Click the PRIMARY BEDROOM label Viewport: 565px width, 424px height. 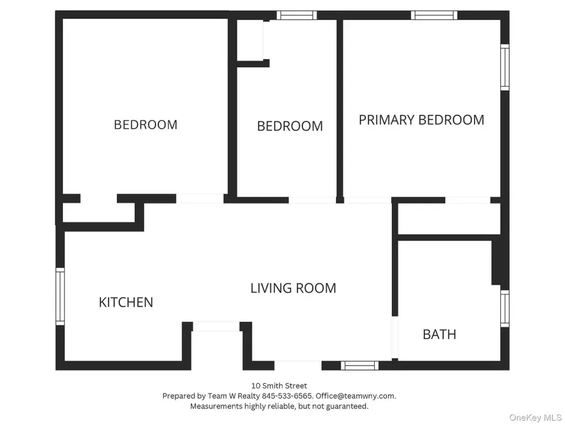click(x=421, y=119)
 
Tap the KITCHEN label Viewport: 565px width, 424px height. click(x=126, y=302)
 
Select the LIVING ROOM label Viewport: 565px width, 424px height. click(x=293, y=288)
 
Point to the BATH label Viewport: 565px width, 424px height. click(x=439, y=334)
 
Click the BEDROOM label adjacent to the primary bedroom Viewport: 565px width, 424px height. click(x=290, y=126)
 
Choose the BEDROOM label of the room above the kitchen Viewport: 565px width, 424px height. click(x=145, y=124)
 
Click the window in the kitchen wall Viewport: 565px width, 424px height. click(x=60, y=296)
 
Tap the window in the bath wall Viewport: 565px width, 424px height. click(x=504, y=308)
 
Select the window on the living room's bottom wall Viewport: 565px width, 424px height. click(x=360, y=365)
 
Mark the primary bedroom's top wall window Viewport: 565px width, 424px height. click(x=434, y=15)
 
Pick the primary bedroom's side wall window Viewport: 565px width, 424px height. click(x=504, y=67)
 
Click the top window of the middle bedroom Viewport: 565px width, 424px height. click(x=297, y=15)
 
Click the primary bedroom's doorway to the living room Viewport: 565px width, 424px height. click(x=367, y=200)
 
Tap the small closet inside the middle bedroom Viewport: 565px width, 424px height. click(x=250, y=40)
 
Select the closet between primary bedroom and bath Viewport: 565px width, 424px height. click(x=449, y=219)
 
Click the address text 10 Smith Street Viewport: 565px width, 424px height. click(x=279, y=386)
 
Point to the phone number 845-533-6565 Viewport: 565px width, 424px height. click(x=294, y=396)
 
